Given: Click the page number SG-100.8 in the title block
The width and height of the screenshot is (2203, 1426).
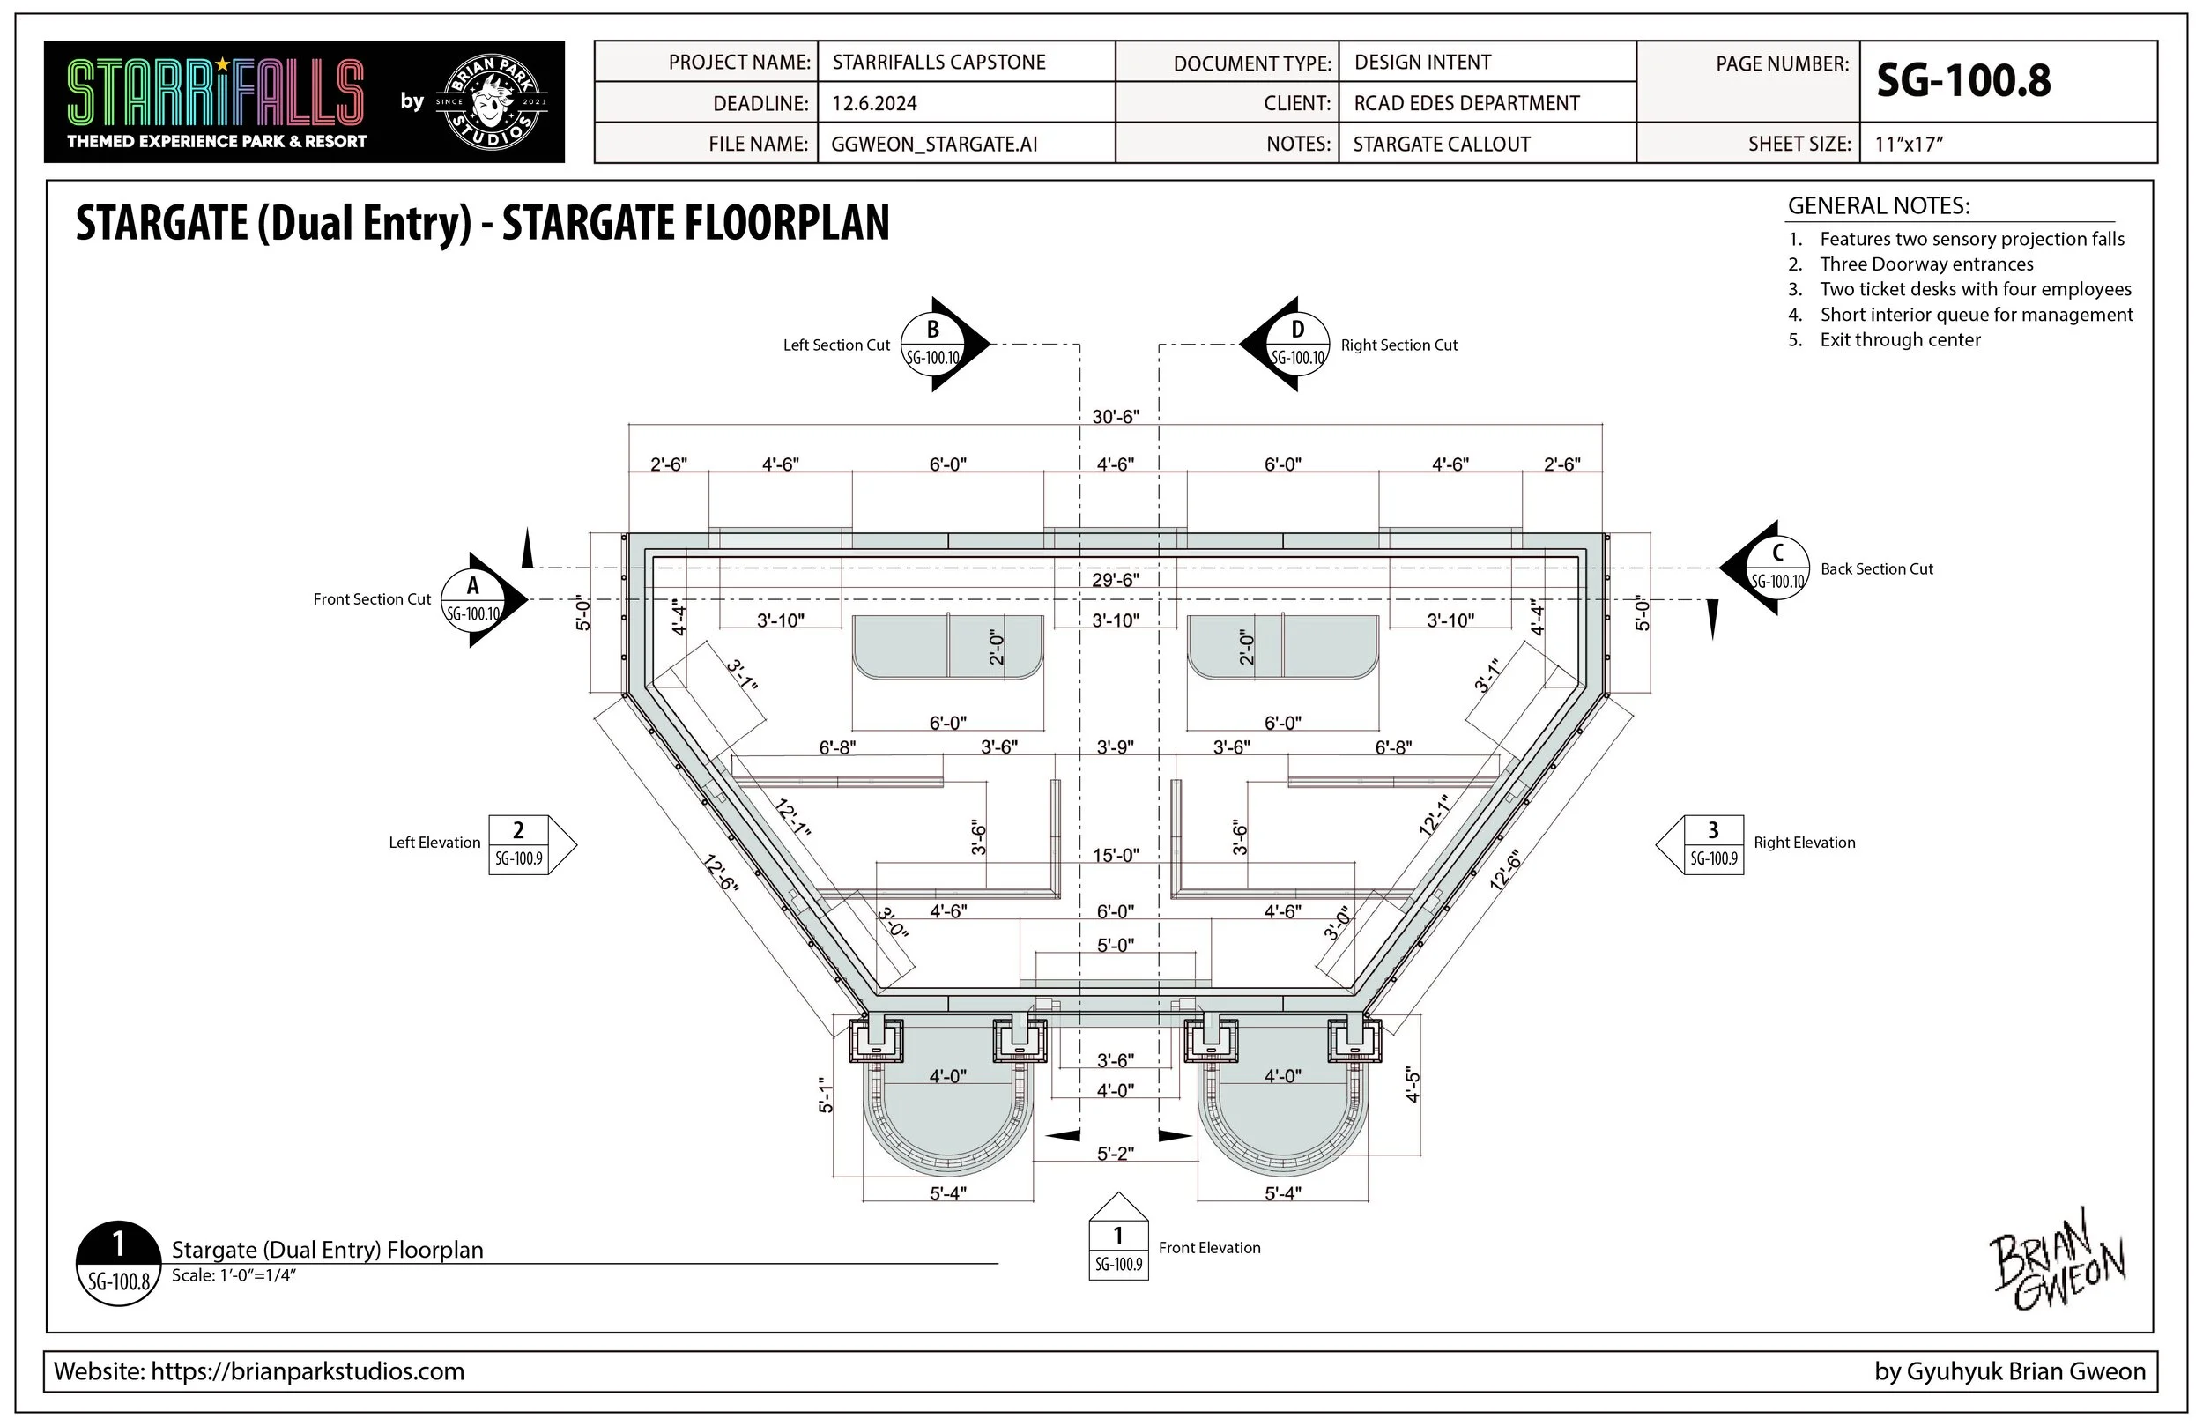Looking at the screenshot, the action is [1963, 81].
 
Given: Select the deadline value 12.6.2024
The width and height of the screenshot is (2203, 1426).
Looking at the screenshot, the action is [874, 103].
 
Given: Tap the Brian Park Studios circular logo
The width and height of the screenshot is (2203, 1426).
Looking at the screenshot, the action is [492, 102].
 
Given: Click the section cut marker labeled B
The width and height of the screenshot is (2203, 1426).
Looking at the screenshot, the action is [934, 345].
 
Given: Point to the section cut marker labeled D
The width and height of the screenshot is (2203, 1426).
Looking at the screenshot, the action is [1296, 345].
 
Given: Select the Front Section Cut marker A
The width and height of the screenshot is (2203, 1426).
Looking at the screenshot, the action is [474, 600].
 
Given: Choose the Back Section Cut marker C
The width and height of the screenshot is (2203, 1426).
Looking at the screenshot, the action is [1776, 568].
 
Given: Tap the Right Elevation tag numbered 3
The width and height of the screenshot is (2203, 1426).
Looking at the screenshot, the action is [1712, 844].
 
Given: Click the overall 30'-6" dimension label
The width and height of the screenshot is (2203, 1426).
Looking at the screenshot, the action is [1116, 417].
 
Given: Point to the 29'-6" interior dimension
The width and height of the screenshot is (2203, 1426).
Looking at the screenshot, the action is [1116, 580].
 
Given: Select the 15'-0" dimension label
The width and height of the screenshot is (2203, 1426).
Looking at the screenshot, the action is [1116, 855].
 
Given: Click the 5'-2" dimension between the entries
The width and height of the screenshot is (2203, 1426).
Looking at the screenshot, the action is [1116, 1154].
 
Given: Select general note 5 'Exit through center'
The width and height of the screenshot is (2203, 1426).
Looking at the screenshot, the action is [1899, 340].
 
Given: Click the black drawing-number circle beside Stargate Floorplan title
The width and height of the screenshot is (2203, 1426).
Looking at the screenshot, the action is [118, 1263].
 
